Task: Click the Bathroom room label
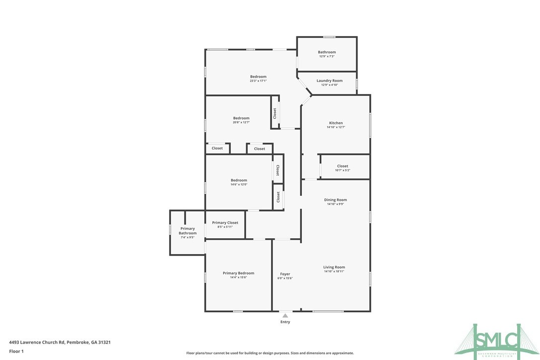pyautogui.click(x=327, y=52)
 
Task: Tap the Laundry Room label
pyautogui.click(x=329, y=81)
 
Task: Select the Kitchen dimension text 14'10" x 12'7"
pyautogui.click(x=336, y=127)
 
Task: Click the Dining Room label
pyautogui.click(x=335, y=200)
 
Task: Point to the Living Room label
pyautogui.click(x=334, y=267)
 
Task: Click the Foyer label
pyautogui.click(x=285, y=274)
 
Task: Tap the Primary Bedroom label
pyautogui.click(x=238, y=273)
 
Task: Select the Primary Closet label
pyautogui.click(x=225, y=223)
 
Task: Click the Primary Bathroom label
pyautogui.click(x=187, y=231)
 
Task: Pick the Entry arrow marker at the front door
pyautogui.click(x=285, y=315)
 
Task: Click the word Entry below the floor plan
pyautogui.click(x=285, y=322)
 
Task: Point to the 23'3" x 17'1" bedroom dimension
pyautogui.click(x=258, y=81)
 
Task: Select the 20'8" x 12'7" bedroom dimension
pyautogui.click(x=241, y=122)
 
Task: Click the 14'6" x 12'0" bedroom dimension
pyautogui.click(x=238, y=184)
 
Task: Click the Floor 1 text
pyautogui.click(x=16, y=351)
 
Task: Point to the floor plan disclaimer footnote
pyautogui.click(x=270, y=353)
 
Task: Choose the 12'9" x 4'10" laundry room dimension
pyautogui.click(x=329, y=85)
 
